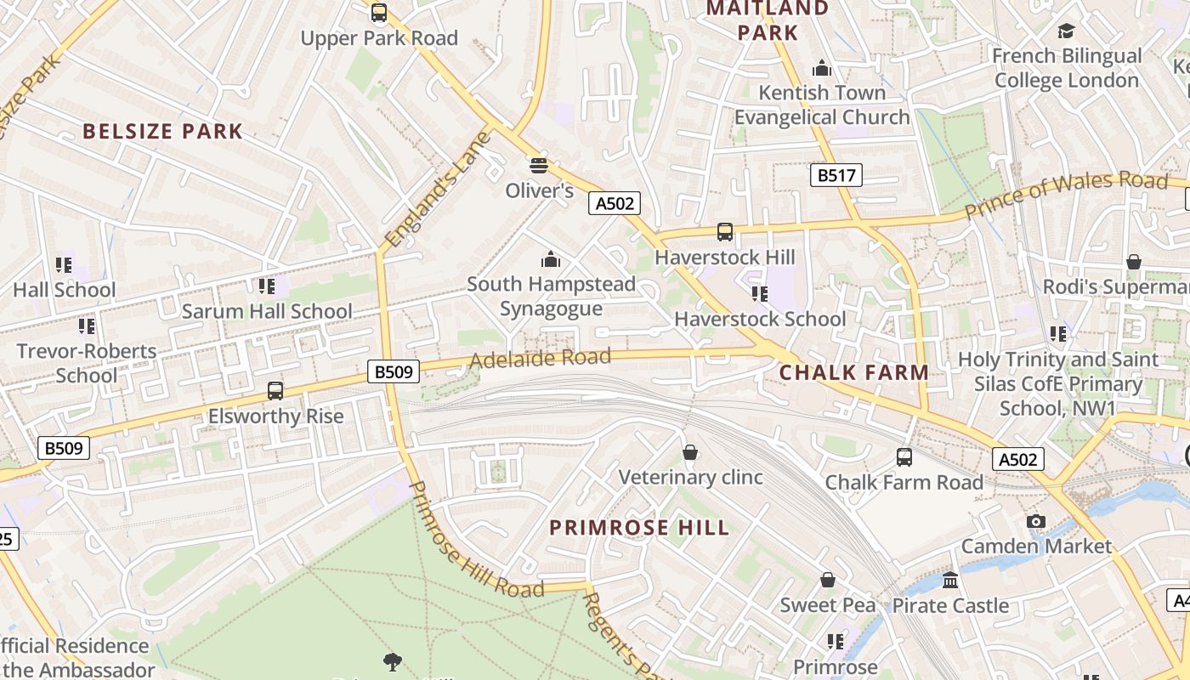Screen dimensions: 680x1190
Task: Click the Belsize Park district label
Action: [x=162, y=132]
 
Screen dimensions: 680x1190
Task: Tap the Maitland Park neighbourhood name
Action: [x=768, y=20]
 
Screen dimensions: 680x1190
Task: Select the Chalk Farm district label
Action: [x=853, y=373]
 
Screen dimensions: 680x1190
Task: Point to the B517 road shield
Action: [x=835, y=176]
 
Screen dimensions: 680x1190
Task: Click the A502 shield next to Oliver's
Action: [x=614, y=203]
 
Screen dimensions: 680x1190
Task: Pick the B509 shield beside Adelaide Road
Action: [x=394, y=371]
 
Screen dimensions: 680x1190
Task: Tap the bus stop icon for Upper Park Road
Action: [x=379, y=14]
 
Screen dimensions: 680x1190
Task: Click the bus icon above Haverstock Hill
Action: [x=725, y=232]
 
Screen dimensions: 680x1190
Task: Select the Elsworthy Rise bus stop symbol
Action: [x=275, y=391]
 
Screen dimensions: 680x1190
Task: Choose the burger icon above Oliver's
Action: [x=538, y=165]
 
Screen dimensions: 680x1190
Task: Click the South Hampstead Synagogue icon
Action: [x=551, y=258]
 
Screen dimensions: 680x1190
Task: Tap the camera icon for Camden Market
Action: [x=1035, y=521]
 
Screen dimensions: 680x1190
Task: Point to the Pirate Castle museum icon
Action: [x=950, y=581]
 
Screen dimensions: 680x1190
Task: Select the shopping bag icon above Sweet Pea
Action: [x=827, y=581]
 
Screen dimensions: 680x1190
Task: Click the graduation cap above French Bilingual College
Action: [x=1066, y=31]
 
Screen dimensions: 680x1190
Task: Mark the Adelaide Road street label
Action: [x=540, y=359]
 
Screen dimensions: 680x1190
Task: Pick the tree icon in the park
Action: [x=392, y=661]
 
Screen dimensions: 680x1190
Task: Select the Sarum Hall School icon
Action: [x=267, y=286]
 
